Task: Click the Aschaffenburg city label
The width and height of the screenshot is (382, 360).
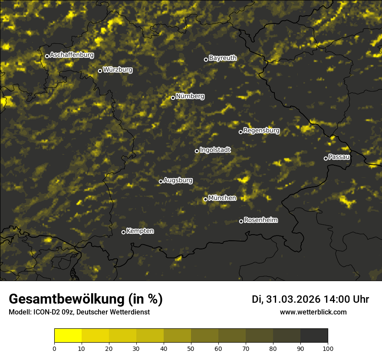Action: pyautogui.click(x=72, y=55)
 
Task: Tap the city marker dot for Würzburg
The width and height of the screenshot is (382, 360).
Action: pyautogui.click(x=100, y=71)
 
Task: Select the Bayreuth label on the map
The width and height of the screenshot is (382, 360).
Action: pyautogui.click(x=223, y=58)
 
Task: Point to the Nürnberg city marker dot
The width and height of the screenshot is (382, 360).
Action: pyautogui.click(x=173, y=98)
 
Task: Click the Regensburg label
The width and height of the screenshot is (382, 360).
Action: pyautogui.click(x=261, y=130)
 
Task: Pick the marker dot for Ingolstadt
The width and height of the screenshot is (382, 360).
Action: pyautogui.click(x=197, y=151)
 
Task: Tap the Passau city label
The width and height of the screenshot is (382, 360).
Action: pyautogui.click(x=339, y=157)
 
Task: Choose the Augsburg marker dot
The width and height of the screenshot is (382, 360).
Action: pyautogui.click(x=161, y=181)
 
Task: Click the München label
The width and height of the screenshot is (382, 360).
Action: pyautogui.click(x=222, y=198)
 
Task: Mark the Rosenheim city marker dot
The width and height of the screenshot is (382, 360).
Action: pyautogui.click(x=241, y=221)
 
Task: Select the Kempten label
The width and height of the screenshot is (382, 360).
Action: pyautogui.click(x=140, y=231)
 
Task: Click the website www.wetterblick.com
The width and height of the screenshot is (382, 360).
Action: pyautogui.click(x=313, y=312)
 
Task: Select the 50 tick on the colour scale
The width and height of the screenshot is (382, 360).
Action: pyautogui.click(x=191, y=348)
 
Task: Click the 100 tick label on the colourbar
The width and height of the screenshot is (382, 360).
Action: pyautogui.click(x=328, y=348)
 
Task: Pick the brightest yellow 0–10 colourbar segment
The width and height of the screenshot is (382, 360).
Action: pyautogui.click(x=68, y=336)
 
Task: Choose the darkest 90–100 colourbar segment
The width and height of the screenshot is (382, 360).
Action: pyautogui.click(x=314, y=336)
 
